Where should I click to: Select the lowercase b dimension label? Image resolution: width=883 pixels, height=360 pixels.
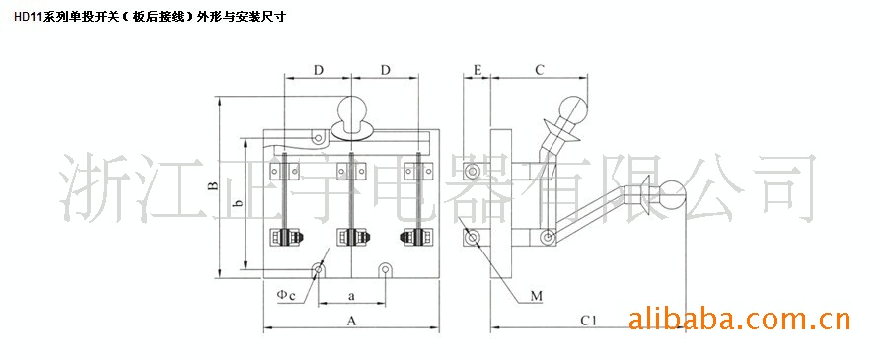(x=238, y=204)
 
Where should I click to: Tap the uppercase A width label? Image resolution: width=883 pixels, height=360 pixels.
(x=352, y=321)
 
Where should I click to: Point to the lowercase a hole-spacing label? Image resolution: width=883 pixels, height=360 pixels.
(x=352, y=295)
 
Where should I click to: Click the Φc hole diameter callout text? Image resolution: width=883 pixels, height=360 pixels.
(x=286, y=294)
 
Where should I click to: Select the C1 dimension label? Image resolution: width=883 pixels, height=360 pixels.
(x=588, y=321)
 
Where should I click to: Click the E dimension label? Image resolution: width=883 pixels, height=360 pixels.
(x=478, y=70)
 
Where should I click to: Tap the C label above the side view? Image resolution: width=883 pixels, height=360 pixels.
(x=540, y=70)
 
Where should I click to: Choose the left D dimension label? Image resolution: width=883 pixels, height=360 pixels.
(x=318, y=70)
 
